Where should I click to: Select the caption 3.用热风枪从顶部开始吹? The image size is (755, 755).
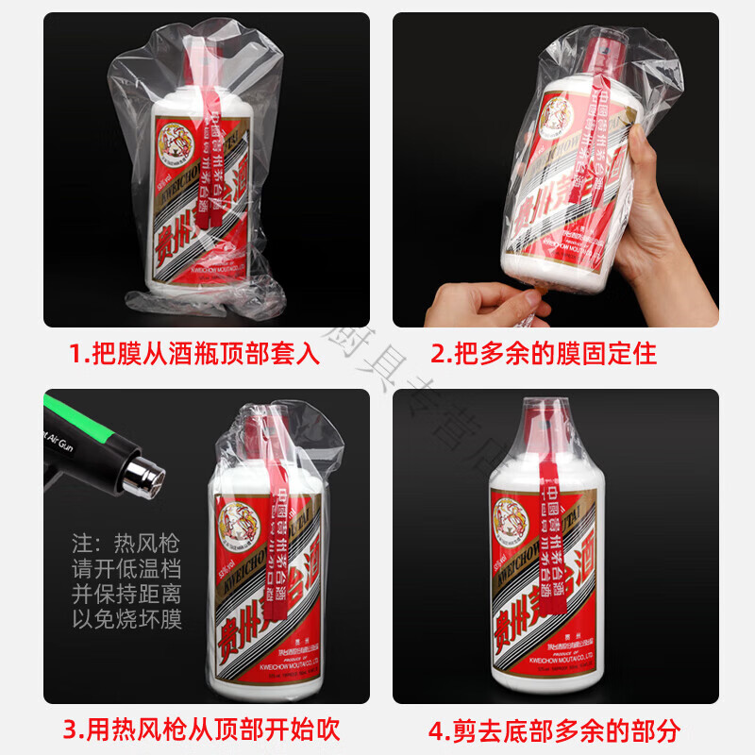click(201, 729)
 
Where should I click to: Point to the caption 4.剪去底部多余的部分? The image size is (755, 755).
click(554, 729)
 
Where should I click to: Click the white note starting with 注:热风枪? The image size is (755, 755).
click(126, 581)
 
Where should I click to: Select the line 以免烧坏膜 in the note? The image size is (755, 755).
click(126, 619)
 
